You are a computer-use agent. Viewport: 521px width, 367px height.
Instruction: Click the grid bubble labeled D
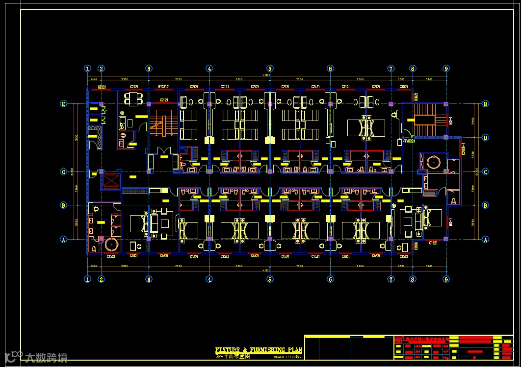click(x=485, y=138)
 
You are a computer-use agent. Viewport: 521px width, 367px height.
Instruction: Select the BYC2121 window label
click(x=164, y=87)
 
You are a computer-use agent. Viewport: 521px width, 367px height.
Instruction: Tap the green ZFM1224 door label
click(x=409, y=141)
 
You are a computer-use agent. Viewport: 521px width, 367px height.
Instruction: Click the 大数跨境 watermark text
click(x=47, y=358)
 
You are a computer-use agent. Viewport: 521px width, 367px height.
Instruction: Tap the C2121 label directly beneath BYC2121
click(x=164, y=100)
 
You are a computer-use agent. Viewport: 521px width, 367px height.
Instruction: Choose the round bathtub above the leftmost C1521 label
click(x=113, y=244)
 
